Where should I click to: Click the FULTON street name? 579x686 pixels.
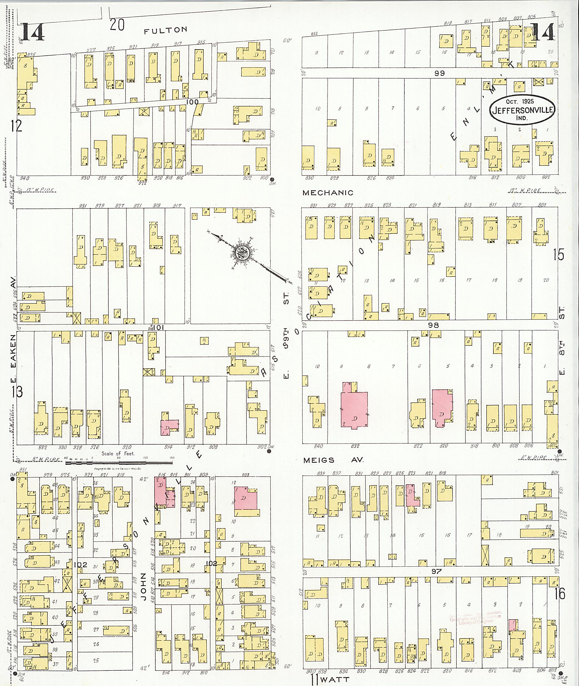click(x=166, y=30)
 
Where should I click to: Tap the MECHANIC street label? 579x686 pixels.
click(x=328, y=193)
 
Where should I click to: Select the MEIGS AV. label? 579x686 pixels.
click(x=333, y=460)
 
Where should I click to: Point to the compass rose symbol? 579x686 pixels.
click(x=243, y=253)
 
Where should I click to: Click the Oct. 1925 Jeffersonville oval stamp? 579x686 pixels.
click(x=522, y=110)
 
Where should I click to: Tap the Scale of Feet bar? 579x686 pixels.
click(x=119, y=463)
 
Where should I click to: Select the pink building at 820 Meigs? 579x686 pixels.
click(x=442, y=408)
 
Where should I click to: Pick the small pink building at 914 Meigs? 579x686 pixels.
click(x=169, y=427)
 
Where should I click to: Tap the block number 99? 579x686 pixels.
click(x=440, y=73)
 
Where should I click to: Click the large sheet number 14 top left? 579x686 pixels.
click(x=33, y=33)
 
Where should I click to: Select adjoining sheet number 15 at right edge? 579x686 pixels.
click(x=559, y=254)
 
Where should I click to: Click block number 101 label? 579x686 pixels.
click(x=158, y=327)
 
